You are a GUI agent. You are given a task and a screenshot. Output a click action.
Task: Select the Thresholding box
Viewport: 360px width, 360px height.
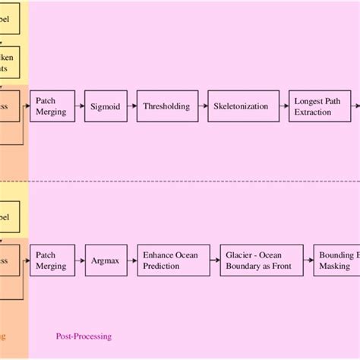point(167,107)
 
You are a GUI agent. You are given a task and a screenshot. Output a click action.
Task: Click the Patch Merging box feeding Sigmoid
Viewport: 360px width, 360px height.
point(51,107)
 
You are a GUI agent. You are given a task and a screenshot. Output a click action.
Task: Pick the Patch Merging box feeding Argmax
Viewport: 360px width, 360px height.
point(51,261)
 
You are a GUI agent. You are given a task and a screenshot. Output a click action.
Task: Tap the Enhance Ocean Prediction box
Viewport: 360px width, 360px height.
point(169,261)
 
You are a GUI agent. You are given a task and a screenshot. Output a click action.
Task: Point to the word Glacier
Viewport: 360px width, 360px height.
point(240,255)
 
